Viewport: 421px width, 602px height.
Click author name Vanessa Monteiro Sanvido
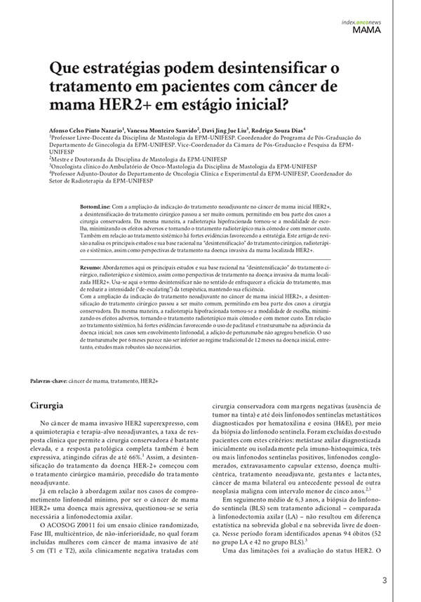click(162, 130)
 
